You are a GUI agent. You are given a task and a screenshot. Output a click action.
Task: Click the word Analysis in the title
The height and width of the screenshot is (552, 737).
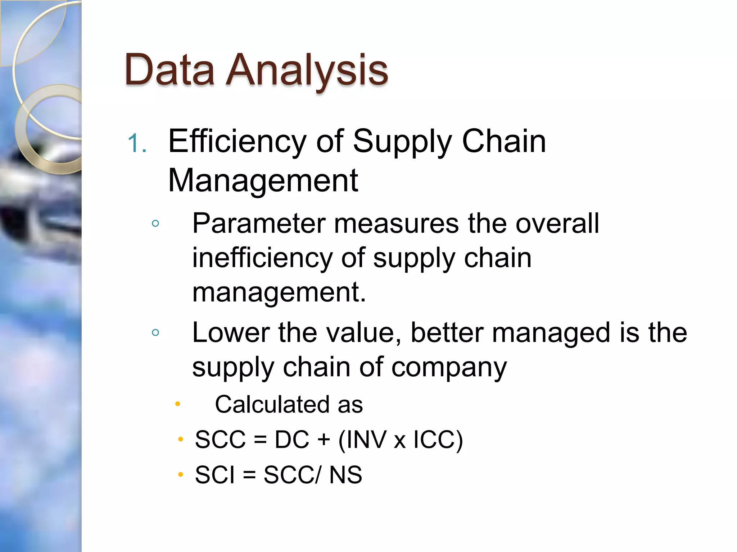(x=307, y=70)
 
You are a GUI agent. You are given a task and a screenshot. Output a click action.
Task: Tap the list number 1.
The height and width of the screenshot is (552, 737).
(x=137, y=143)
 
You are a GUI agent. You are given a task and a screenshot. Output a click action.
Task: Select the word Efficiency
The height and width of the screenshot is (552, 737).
(x=237, y=142)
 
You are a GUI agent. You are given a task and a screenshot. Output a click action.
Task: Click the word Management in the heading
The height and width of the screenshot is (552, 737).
(x=263, y=180)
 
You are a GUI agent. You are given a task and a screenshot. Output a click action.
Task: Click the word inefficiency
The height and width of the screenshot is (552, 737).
(x=262, y=259)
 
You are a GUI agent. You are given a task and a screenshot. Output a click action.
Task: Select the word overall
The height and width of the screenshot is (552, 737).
(x=557, y=224)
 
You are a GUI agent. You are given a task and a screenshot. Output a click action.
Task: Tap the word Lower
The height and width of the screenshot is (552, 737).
(x=231, y=332)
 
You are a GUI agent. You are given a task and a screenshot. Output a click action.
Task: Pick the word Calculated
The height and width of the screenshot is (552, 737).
(x=272, y=404)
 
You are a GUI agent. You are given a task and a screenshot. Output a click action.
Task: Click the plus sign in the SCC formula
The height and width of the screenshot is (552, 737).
(x=324, y=440)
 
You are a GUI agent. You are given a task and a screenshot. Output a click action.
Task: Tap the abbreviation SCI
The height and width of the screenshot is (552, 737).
(x=214, y=474)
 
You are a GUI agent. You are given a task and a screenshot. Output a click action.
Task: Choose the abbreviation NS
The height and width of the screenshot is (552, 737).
(x=345, y=474)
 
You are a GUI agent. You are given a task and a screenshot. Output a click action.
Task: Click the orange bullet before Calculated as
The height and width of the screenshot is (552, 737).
(x=177, y=404)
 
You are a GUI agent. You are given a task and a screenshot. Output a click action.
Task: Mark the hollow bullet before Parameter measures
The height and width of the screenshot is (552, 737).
(x=155, y=224)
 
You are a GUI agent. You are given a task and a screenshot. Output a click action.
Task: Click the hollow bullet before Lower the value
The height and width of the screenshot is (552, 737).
(x=155, y=332)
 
